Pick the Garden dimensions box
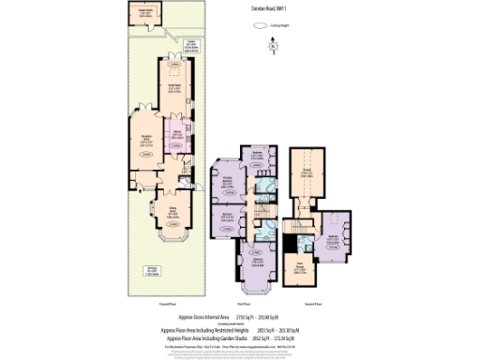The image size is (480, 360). coord(190,43)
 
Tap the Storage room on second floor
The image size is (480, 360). coord(307,171)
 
